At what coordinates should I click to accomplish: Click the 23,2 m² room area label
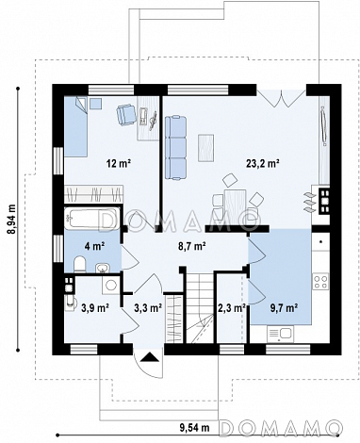[x=263, y=164]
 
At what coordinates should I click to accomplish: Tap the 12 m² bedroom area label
[x=118, y=164]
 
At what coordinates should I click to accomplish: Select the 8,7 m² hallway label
[x=192, y=246]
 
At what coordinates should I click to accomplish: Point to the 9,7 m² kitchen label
[x=284, y=308]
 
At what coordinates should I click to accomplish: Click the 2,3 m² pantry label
[x=232, y=308]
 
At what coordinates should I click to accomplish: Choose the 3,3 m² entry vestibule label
[x=148, y=308]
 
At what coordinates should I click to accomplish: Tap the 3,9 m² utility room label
[x=95, y=307]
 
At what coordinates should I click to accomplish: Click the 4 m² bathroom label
[x=94, y=246]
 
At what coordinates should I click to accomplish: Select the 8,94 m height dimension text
[x=12, y=219]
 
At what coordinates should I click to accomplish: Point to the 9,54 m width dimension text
[x=194, y=427]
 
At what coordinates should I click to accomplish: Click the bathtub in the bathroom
[x=92, y=218]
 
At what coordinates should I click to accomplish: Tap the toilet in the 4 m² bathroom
[x=80, y=264]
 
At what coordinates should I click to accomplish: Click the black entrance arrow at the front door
[x=149, y=357]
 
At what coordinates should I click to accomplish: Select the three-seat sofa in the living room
[x=175, y=148]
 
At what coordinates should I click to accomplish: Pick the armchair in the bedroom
[x=126, y=114]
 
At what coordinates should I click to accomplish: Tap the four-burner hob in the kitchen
[x=320, y=282]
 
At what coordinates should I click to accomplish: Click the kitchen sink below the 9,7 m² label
[x=280, y=334]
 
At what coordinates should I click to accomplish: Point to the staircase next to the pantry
[x=201, y=308]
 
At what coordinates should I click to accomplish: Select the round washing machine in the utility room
[x=110, y=285]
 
